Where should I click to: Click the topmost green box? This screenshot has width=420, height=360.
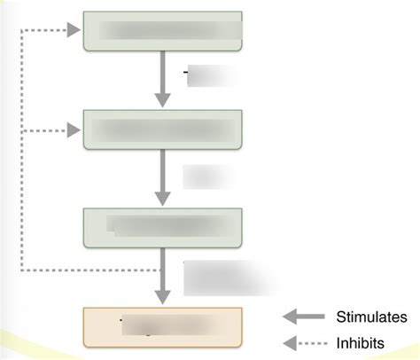162,31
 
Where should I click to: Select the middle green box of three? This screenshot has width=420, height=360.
162,130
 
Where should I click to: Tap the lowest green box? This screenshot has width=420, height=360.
162,227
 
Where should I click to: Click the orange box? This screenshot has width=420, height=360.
162,325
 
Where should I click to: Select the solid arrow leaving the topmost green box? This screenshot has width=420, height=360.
162,80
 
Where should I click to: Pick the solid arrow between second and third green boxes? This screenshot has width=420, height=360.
162,177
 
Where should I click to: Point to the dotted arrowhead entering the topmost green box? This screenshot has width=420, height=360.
74,32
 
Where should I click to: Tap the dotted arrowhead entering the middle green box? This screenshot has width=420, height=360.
74,131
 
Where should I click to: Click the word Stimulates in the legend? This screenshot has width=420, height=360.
372,317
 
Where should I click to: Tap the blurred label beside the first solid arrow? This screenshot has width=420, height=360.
213,77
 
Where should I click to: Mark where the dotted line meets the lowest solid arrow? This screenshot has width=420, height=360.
162,269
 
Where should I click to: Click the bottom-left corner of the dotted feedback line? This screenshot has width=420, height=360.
21,269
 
